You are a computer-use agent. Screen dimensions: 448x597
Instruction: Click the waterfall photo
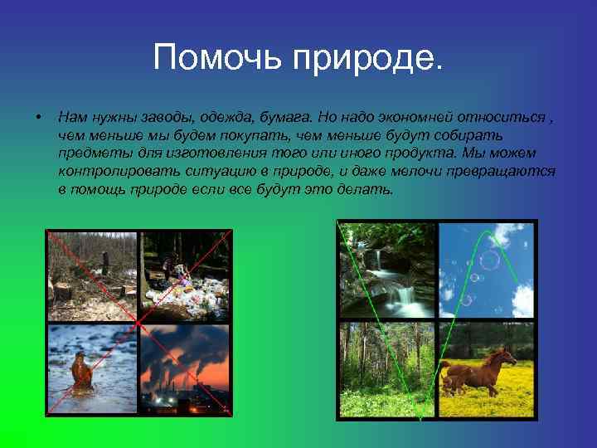pos(388,270)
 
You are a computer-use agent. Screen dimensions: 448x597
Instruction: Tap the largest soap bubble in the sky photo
pos(489,261)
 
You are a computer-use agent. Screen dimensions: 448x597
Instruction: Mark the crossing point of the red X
pos(139,321)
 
